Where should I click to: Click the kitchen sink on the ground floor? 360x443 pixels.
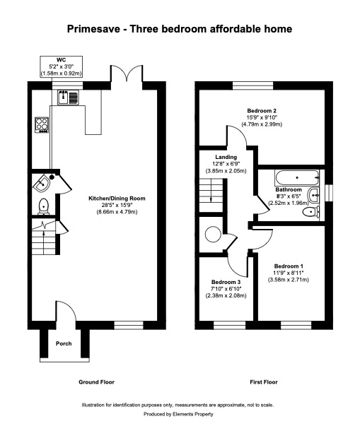pos(69,98)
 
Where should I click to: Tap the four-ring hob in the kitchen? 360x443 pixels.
pos(42,125)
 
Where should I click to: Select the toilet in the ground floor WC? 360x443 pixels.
pos(44,206)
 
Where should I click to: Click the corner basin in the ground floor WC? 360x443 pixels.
pos(42,183)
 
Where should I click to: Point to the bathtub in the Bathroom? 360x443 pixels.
pos(297,178)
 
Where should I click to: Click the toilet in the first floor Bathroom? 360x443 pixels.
pos(310,211)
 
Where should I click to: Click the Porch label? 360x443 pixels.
pos(64,343)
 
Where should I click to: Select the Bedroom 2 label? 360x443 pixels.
pos(262,110)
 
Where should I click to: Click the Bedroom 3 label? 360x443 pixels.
pos(226,282)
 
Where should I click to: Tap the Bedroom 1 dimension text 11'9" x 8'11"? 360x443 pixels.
pos(289,273)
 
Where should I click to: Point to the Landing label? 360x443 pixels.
pos(226,157)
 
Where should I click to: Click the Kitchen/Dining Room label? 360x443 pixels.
pos(117,199)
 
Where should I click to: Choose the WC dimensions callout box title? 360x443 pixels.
pos(61,60)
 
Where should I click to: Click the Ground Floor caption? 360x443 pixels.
pos(96,382)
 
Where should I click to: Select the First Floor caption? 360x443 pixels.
pos(264,382)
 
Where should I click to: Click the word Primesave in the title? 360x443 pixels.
pos(93,29)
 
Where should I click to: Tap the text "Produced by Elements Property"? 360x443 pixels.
pos(178,414)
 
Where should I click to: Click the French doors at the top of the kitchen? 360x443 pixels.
pos(126,74)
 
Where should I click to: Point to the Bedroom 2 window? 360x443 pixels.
pos(253,85)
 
